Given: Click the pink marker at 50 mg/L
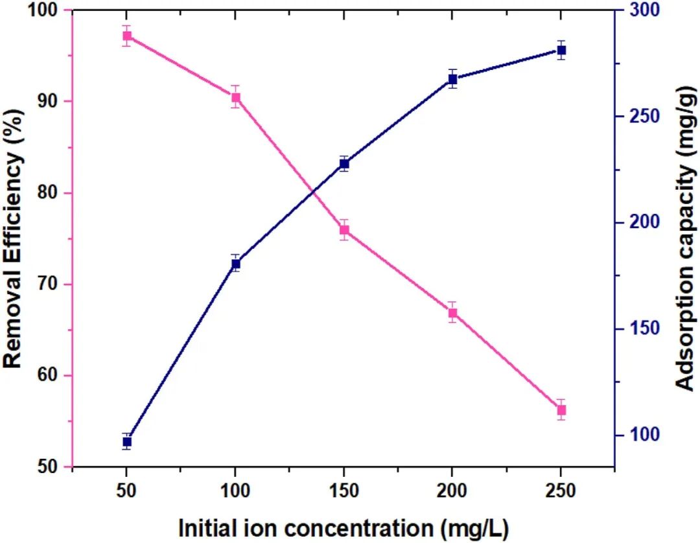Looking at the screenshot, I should pyautogui.click(x=127, y=36).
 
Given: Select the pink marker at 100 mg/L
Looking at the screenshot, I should pyautogui.click(x=235, y=98).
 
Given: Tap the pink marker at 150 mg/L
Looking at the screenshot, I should pyautogui.click(x=344, y=230).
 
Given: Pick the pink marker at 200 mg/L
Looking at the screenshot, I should pyautogui.click(x=452, y=313).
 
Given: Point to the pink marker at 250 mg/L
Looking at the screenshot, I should pyautogui.click(x=561, y=410).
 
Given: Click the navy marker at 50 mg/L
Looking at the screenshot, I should pyautogui.click(x=127, y=442).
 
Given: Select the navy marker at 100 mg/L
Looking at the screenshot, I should pyautogui.click(x=235, y=264).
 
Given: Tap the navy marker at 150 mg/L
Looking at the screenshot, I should pyautogui.click(x=344, y=164).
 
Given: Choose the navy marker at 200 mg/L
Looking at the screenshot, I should pyautogui.click(x=452, y=80).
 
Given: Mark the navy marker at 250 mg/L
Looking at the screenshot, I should pyautogui.click(x=561, y=50).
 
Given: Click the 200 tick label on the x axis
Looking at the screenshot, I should pyautogui.click(x=452, y=491).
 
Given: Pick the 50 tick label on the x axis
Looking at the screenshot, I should pyautogui.click(x=127, y=491).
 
